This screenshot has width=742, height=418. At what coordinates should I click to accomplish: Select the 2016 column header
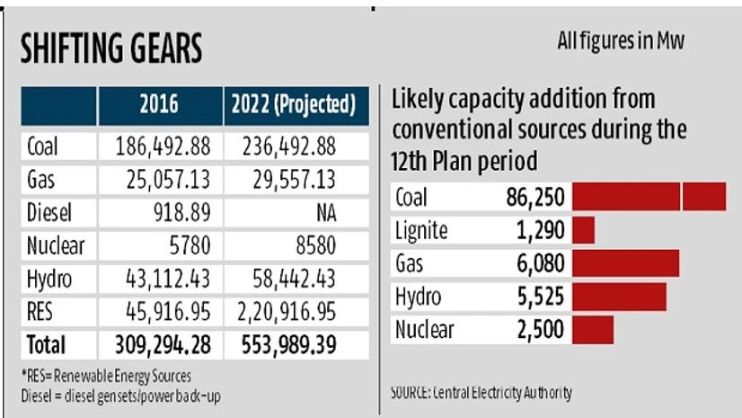coord(160,106)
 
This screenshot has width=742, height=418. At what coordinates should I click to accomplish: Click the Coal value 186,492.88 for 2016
coord(160,145)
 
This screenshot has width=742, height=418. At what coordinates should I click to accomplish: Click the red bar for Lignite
coord(584,230)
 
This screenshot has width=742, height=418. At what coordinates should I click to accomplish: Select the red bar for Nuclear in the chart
coord(593,329)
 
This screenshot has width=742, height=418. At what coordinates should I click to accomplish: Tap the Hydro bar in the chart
coord(619,296)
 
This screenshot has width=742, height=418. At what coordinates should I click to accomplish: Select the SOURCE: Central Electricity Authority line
coord(481,393)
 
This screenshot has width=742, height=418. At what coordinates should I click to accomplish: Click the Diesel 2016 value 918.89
coord(181,214)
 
